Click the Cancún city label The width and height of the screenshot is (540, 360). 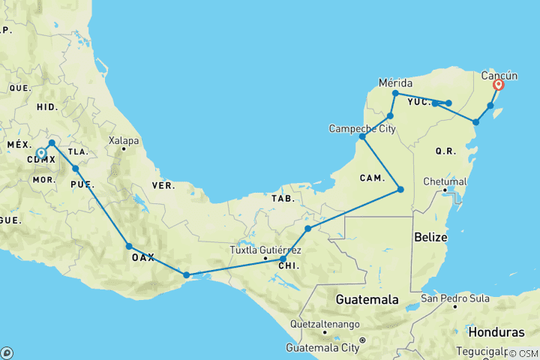click(499, 75)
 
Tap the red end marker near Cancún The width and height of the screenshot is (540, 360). click(498, 85)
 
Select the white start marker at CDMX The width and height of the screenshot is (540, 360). click(41, 153)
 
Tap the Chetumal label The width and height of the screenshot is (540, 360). click(444, 181)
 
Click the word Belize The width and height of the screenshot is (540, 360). click(430, 237)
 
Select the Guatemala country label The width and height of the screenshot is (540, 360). click(367, 299)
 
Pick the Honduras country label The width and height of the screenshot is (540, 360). click(496, 331)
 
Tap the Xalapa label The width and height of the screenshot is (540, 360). click(124, 140)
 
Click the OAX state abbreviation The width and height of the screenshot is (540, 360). click(142, 257)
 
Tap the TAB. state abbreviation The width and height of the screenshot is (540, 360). click(283, 199)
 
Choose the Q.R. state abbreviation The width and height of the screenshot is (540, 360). click(445, 151)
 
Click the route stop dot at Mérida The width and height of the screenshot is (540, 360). click(395, 93)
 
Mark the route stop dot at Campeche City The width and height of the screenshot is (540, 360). click(362, 136)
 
